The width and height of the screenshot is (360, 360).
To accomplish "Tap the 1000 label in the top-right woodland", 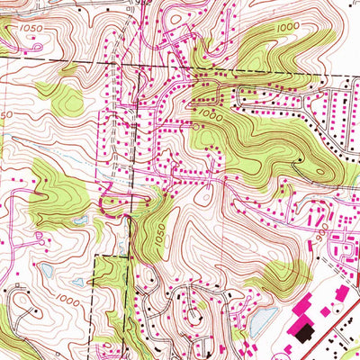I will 288,28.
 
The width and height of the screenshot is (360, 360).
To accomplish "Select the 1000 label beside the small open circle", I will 211,116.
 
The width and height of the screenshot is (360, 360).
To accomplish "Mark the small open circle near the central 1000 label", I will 197,128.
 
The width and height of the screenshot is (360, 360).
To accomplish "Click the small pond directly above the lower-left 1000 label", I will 77,282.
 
